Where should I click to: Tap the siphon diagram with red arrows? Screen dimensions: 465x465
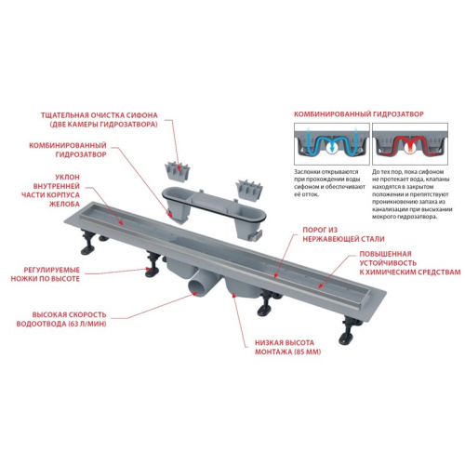[x=407, y=145]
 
